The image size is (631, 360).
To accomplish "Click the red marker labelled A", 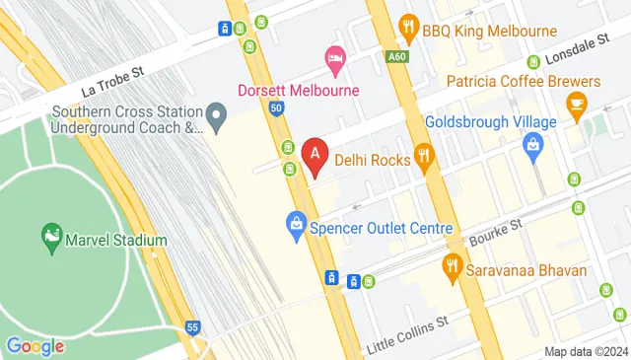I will tap(315, 156).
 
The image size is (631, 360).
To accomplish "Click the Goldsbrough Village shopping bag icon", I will tap(533, 149).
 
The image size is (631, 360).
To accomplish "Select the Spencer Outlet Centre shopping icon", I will tap(295, 225).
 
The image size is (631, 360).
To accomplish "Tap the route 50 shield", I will tap(275, 108).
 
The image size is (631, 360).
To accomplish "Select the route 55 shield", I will tap(193, 326).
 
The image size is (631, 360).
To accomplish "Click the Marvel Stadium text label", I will tap(115, 239).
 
